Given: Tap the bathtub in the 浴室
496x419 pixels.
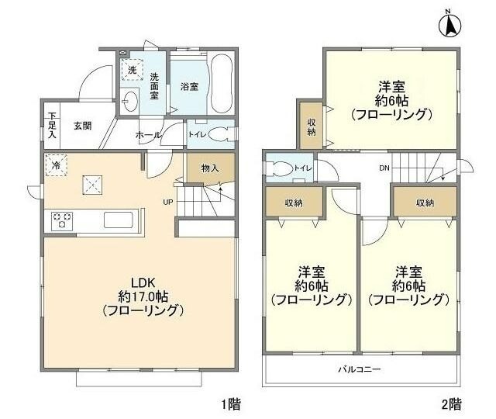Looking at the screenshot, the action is click(222, 84).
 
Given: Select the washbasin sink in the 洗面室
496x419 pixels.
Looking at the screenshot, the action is click(129, 102).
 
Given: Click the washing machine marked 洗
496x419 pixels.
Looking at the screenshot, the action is click(132, 70).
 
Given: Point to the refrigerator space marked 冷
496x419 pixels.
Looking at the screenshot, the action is click(56, 164).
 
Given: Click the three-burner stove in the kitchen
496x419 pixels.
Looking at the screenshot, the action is click(62, 220).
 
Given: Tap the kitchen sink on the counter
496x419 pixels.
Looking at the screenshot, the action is click(119, 220).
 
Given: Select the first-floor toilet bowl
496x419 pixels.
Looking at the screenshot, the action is click(219, 134).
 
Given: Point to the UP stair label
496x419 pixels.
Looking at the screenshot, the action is click(167, 202).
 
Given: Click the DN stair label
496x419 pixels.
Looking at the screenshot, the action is click(384, 168).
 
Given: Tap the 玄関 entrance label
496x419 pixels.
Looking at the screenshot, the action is click(83, 126).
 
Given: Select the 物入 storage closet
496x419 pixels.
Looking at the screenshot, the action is click(211, 168).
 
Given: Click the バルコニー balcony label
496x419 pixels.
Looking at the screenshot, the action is click(360, 369).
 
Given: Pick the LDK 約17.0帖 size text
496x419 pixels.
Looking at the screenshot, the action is click(143, 296).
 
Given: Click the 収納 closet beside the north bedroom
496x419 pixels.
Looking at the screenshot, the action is click(312, 126).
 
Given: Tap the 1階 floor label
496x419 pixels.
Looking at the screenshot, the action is click(230, 404).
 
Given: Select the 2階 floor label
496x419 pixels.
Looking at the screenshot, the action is click(451, 404).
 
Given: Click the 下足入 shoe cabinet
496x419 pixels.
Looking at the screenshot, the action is click(52, 126).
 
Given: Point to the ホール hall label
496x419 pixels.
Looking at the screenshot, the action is click(148, 135).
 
